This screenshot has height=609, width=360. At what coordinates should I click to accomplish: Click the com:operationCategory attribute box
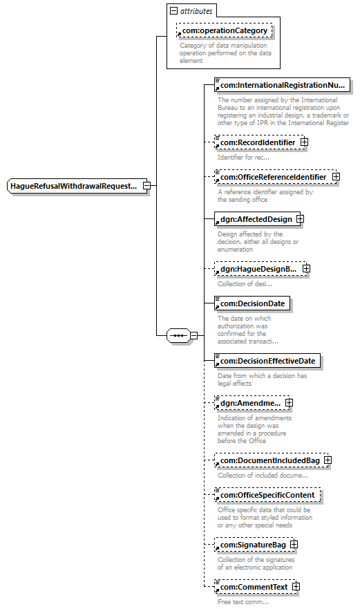coord(224,30)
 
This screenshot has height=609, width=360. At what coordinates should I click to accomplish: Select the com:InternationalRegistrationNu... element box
coord(282,85)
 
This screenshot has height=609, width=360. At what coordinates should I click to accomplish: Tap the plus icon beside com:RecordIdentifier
coord(304,142)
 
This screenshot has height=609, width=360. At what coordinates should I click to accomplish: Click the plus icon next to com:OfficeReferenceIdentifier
coord(336,177)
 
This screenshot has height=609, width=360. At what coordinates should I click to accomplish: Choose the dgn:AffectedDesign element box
coord(257,219)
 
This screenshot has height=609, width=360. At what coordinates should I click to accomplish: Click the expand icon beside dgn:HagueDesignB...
coord(306,268)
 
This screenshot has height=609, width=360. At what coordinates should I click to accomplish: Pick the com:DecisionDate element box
coord(252,303)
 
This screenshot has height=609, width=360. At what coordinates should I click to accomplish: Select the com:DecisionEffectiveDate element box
coord(267,361)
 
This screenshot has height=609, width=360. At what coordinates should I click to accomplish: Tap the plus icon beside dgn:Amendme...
coord(289,403)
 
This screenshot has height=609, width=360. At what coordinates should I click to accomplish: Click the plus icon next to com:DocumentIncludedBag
coord(328,460)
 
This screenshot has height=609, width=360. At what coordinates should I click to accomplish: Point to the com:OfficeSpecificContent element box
coord(267,495)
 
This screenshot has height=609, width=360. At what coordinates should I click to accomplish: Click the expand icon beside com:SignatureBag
coord(294,545)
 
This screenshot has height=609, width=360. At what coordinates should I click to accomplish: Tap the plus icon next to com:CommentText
coord(296,586)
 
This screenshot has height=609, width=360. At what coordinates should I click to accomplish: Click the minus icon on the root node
coord(146,186)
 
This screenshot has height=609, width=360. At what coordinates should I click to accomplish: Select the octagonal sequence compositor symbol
coord(179,335)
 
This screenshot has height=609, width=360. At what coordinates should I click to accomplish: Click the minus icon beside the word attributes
coord(173,11)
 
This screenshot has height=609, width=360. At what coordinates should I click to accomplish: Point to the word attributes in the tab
coord(196,11)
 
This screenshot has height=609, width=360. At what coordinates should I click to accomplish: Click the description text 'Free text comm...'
coord(243,601)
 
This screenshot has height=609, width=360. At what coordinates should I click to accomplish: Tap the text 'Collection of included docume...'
coord(263,476)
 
